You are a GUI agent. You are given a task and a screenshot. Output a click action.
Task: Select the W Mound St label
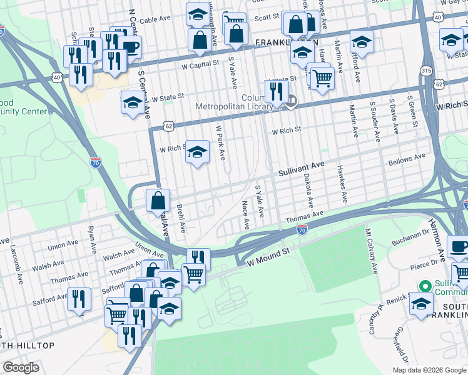click(x=270, y=254)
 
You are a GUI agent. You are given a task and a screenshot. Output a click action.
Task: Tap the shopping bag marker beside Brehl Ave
click(x=158, y=201)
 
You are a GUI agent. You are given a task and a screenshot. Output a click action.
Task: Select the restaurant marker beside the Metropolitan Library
click(x=275, y=91)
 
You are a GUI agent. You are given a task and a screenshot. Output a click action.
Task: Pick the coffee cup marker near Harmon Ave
click(x=459, y=246)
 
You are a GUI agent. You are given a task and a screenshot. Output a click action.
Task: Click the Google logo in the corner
click(x=21, y=367)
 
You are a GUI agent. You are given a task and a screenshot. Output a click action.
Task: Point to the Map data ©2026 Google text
click(x=429, y=370)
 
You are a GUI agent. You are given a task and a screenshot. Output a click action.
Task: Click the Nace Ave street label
click(x=246, y=214)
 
